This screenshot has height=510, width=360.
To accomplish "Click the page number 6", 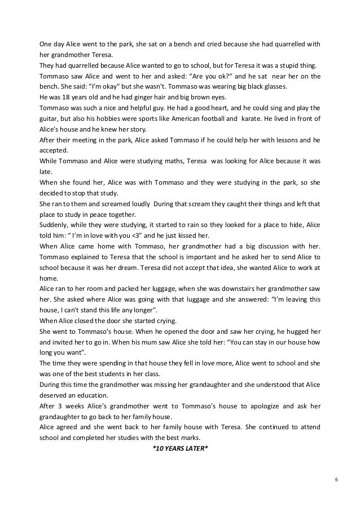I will (x=336, y=480).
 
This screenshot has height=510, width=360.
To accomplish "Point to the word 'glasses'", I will (x=273, y=86).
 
